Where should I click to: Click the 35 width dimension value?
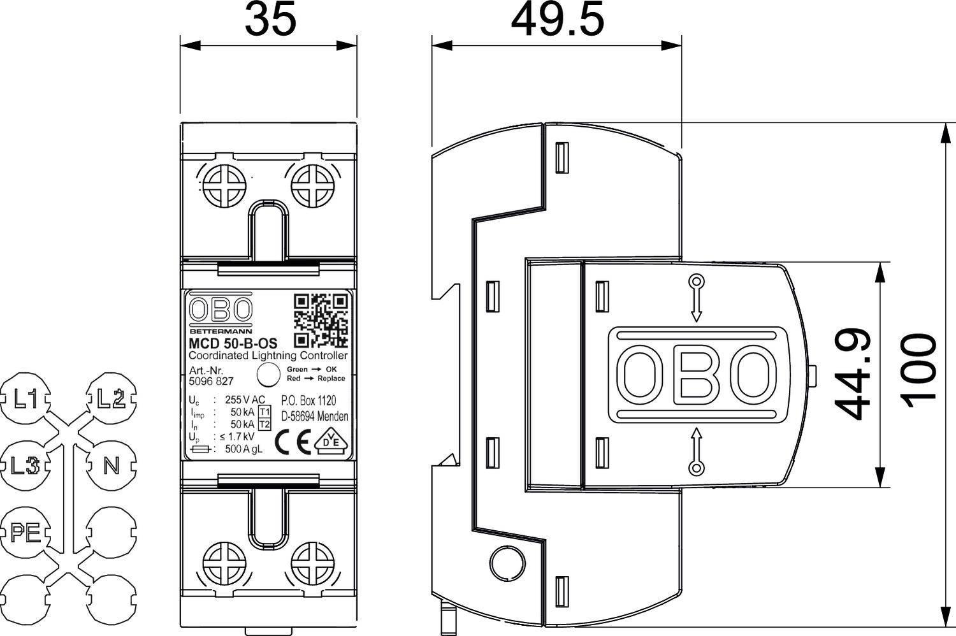click(271, 20)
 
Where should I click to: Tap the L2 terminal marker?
click(111, 400)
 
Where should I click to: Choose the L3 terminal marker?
click(26, 466)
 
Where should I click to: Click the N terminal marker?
click(112, 466)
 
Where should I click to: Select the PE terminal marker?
click(26, 531)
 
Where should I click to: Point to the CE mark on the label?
click(293, 442)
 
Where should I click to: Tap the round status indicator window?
click(268, 375)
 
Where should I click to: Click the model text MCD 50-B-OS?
click(233, 343)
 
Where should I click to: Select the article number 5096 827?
click(212, 382)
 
